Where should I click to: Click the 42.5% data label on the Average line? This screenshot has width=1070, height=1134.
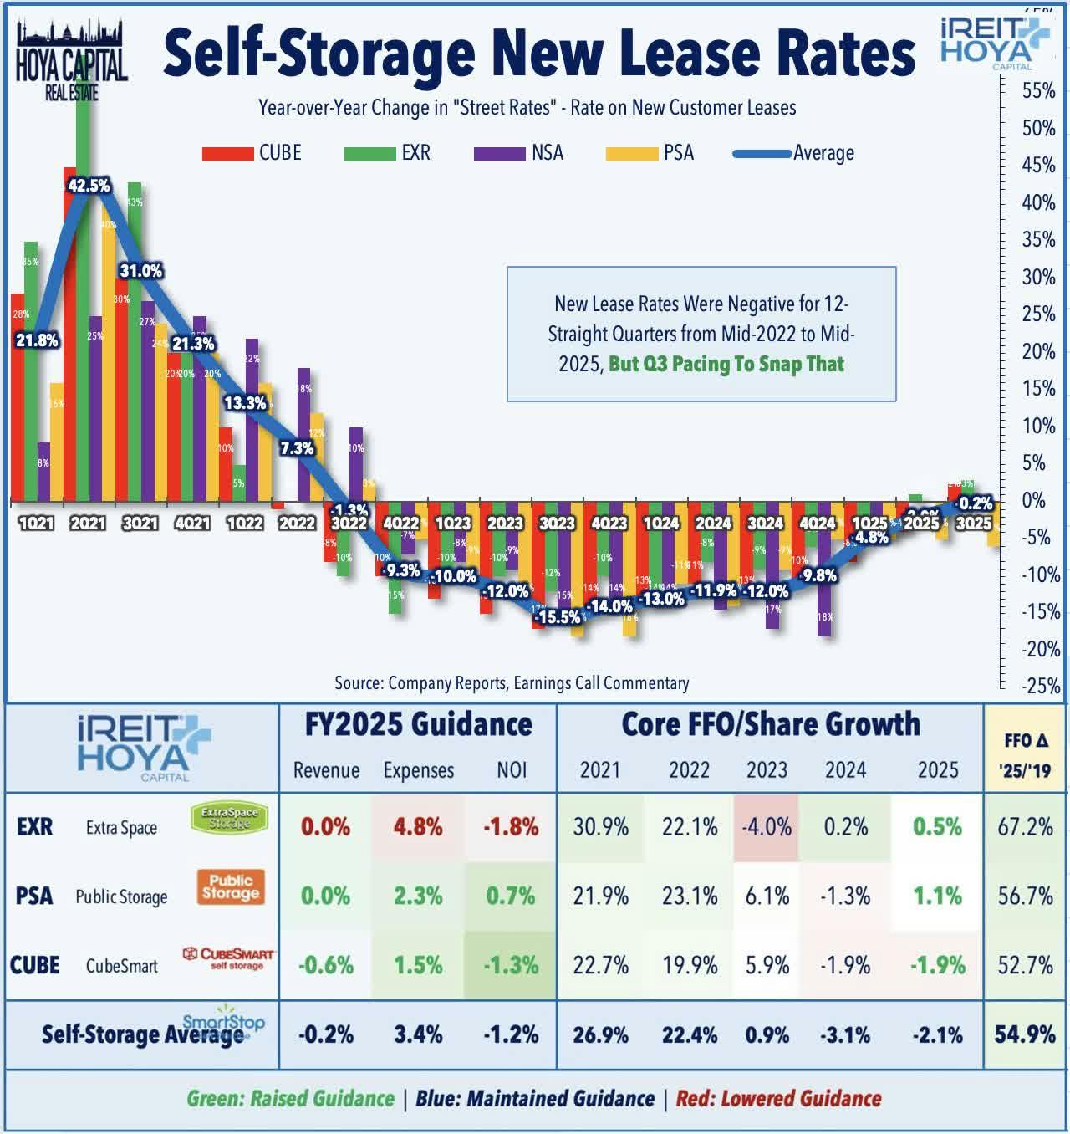[89, 186]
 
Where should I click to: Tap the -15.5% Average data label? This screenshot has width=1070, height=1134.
[558, 617]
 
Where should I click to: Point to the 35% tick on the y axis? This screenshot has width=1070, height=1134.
[1038, 240]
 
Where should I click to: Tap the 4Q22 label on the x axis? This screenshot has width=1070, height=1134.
[400, 524]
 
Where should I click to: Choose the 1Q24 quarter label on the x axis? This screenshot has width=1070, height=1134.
[660, 524]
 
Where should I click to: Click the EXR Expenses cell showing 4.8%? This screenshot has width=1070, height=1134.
[418, 827]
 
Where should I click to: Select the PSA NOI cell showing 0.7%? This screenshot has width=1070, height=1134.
[511, 896]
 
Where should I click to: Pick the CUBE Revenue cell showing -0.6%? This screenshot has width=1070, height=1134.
[325, 965]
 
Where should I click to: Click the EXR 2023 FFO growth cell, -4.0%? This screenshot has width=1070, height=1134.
[767, 827]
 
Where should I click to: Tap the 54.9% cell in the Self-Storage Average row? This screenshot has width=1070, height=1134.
[1025, 1034]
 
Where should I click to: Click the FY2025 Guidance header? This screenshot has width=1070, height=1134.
[418, 724]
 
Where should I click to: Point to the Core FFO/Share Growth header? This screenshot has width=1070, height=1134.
[770, 724]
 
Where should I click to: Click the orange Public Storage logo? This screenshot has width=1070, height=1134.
[231, 887]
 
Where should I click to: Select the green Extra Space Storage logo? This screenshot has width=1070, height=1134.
[230, 817]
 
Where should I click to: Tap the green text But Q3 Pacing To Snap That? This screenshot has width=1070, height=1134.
[726, 365]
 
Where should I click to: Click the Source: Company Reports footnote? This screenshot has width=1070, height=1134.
[512, 683]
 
